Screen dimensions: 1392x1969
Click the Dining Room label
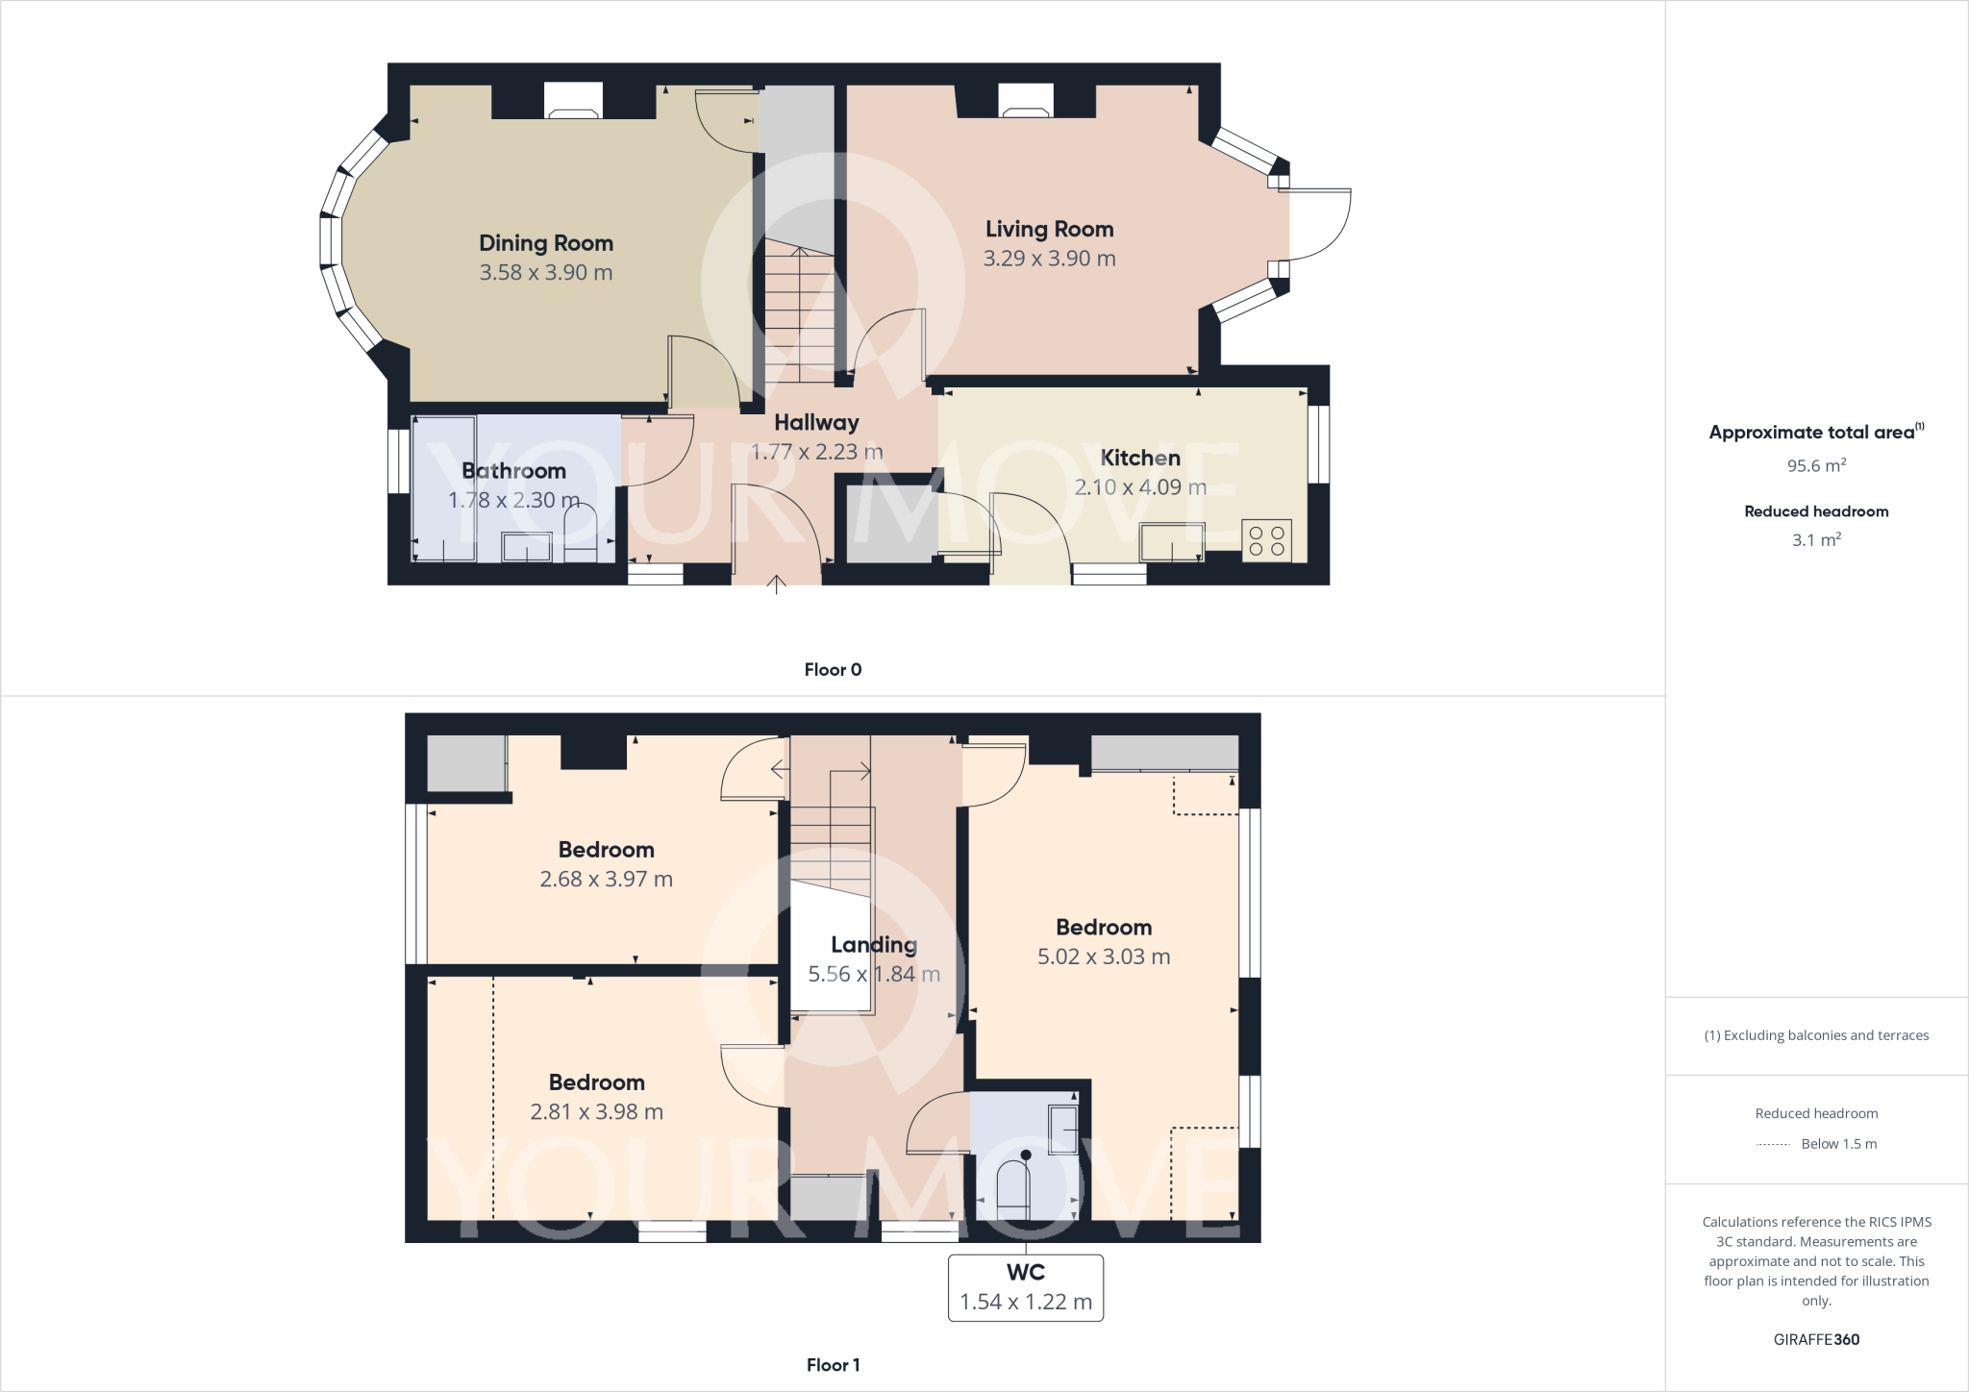click(546, 243)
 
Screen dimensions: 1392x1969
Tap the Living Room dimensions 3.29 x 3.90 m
click(1049, 259)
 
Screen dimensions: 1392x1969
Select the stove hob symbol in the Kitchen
click(1267, 540)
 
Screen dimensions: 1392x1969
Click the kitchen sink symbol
click(1172, 541)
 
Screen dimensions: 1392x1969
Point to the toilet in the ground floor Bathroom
click(580, 534)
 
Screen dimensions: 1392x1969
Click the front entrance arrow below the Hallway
click(776, 584)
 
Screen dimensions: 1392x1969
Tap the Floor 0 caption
click(833, 670)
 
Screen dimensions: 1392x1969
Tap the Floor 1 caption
click(833, 1365)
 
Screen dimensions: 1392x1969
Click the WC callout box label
click(1026, 1273)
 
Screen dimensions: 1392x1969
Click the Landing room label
click(874, 945)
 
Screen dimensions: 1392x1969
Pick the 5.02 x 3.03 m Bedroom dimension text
click(1104, 957)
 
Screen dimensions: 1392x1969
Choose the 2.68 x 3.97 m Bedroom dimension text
click(606, 880)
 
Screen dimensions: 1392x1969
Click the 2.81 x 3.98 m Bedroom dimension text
click(596, 1112)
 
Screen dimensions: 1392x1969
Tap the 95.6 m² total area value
click(1816, 466)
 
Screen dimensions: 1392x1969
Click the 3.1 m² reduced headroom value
click(1816, 540)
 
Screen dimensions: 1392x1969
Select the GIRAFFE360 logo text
click(1816, 1340)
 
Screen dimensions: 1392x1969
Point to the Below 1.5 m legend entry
click(1838, 1144)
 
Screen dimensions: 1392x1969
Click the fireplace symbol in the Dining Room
click(573, 101)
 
